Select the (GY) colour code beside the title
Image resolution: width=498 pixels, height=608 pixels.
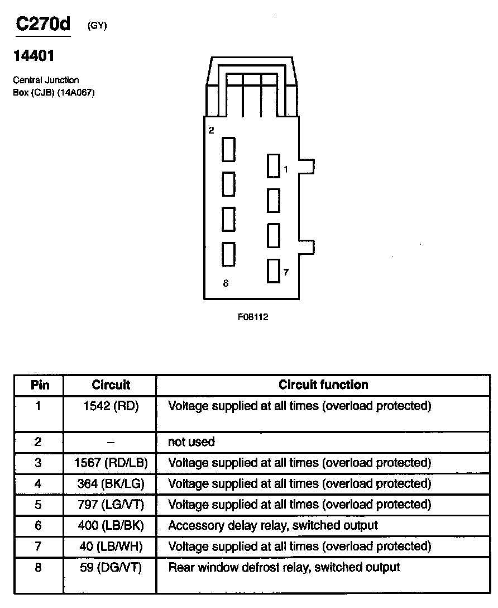(x=97, y=26)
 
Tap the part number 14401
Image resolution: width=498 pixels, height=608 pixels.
(x=33, y=56)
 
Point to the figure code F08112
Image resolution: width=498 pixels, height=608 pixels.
(x=253, y=317)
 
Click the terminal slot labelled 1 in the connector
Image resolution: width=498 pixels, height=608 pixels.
(x=273, y=166)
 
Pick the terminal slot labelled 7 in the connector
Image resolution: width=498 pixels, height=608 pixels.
(x=273, y=271)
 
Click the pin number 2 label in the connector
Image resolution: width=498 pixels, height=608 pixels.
(x=211, y=131)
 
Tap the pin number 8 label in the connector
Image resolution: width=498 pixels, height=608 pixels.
(x=226, y=283)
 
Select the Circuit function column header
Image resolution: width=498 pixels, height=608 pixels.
(x=323, y=384)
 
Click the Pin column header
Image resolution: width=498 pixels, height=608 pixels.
(x=38, y=385)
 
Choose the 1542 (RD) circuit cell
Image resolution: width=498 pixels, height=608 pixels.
(x=111, y=406)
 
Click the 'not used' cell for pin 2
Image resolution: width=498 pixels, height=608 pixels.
(x=191, y=442)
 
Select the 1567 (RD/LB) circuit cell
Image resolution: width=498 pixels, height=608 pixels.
(x=111, y=463)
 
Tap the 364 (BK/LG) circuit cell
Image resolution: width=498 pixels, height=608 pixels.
(x=111, y=483)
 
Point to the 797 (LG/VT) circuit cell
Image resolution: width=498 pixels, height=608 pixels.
(x=111, y=505)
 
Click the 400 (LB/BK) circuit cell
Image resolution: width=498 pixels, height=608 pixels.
(x=111, y=525)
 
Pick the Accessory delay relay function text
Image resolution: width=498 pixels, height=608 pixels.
(x=273, y=525)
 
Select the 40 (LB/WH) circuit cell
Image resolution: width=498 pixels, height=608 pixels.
(x=111, y=546)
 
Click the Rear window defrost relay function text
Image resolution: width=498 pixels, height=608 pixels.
(x=284, y=567)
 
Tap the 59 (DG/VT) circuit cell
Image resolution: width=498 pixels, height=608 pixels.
(x=111, y=567)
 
